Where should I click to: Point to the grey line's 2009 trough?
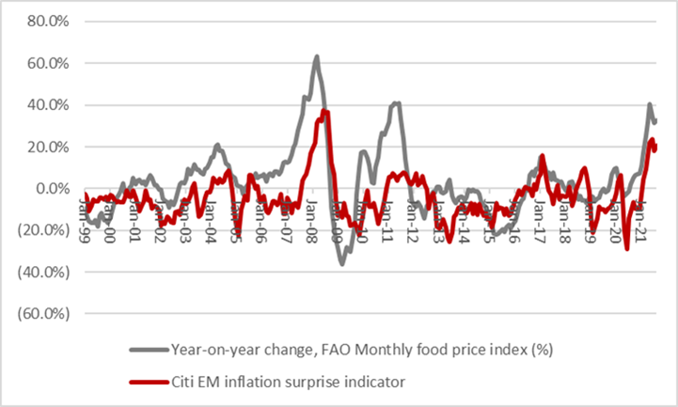pyautogui.click(x=342, y=263)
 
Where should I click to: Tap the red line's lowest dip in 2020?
pyautogui.click(x=626, y=248)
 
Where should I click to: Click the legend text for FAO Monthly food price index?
pyautogui.click(x=361, y=351)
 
